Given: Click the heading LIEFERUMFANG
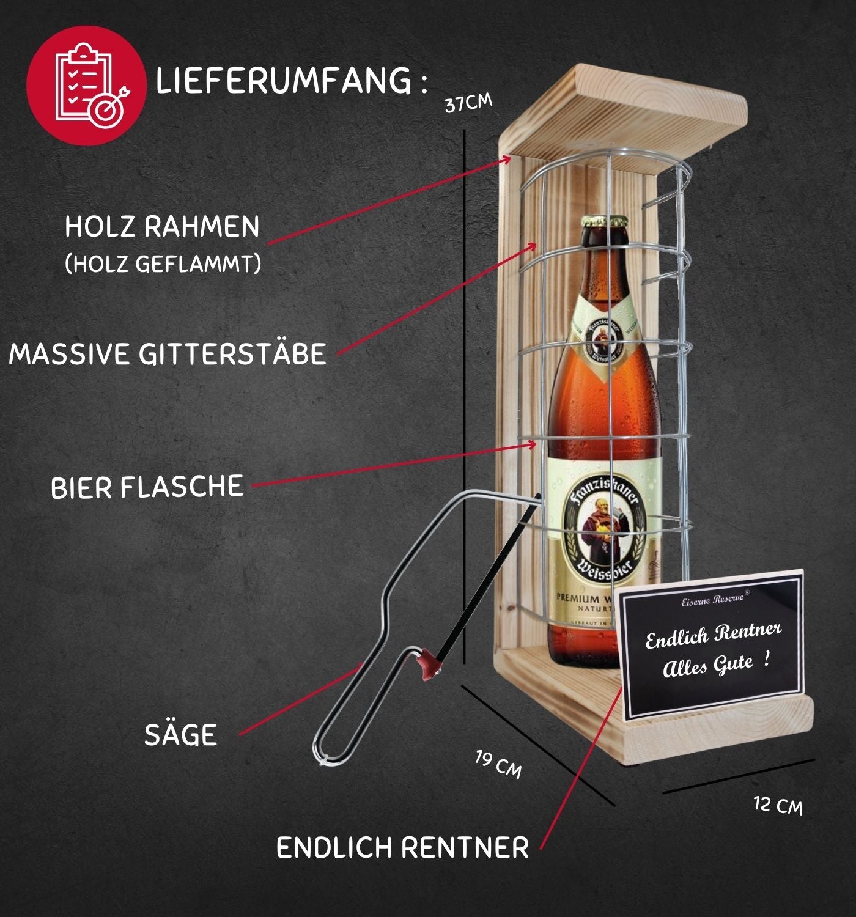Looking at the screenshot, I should (284, 81).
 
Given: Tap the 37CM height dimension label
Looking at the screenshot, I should (468, 103).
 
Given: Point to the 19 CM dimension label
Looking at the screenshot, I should (498, 764).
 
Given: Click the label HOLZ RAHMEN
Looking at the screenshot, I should (162, 227).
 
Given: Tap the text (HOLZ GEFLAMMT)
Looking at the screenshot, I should (163, 264).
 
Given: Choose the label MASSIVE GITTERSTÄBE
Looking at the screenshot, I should (168, 354).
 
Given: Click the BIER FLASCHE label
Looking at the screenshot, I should (147, 487).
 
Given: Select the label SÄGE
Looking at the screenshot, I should (180, 735).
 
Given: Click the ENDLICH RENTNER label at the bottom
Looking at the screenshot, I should (402, 848).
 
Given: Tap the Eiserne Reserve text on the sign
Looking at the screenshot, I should (712, 600).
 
